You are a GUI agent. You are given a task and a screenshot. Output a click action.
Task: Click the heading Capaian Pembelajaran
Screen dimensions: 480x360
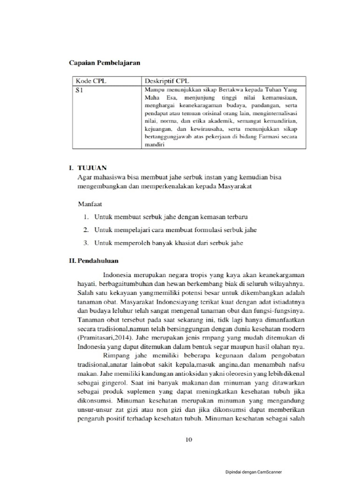point(105,62)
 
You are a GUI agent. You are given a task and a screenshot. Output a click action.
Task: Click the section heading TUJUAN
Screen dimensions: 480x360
point(92,167)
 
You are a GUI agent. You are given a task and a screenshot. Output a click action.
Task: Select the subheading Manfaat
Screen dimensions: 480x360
point(90,204)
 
